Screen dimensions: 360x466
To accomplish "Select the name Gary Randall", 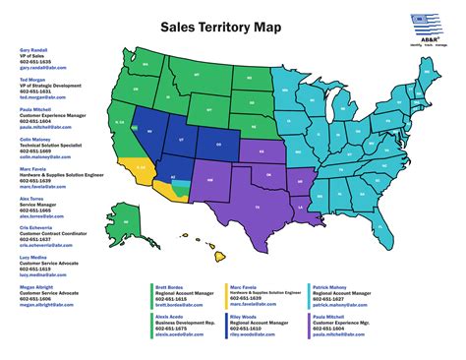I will [x=32, y=47].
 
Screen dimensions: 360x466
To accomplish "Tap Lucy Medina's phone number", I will [x=30, y=270].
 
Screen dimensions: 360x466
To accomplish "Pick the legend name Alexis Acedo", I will [x=170, y=318].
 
